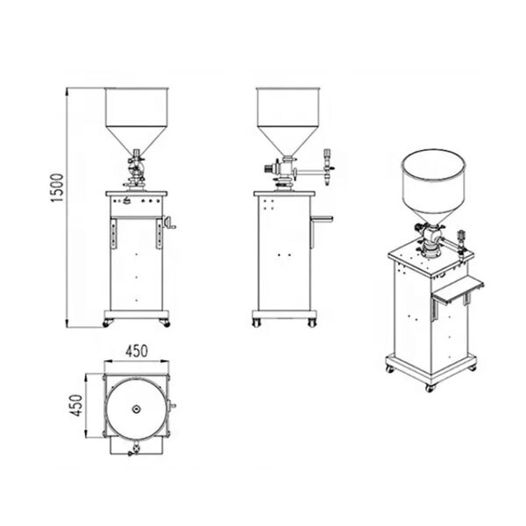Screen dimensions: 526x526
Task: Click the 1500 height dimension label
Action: click(57, 188)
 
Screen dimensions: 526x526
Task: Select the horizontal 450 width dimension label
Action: click(137, 352)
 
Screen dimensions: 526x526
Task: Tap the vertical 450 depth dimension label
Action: click(76, 405)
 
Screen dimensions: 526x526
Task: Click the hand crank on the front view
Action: click(169, 223)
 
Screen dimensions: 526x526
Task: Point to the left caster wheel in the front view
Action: click(106, 323)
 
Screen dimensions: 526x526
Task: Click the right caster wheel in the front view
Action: click(166, 323)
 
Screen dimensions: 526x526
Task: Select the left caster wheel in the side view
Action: click(256, 323)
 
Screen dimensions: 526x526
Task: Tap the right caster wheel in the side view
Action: click(312, 323)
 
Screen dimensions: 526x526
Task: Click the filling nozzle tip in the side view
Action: click(327, 183)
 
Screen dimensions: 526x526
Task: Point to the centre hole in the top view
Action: click(136, 409)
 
